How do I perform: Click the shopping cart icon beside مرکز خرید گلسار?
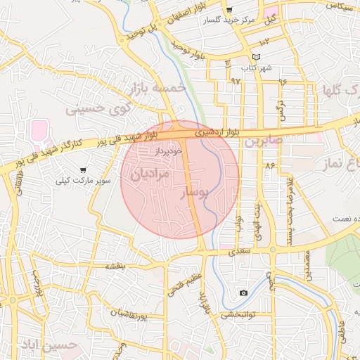(x=229, y=10)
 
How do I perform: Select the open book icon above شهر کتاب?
(x=256, y=57)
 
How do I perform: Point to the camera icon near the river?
(x=243, y=292)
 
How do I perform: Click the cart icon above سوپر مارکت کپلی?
(x=83, y=170)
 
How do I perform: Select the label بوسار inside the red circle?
(x=193, y=192)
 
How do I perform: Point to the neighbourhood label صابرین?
(x=264, y=141)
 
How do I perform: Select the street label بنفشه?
(x=115, y=266)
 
